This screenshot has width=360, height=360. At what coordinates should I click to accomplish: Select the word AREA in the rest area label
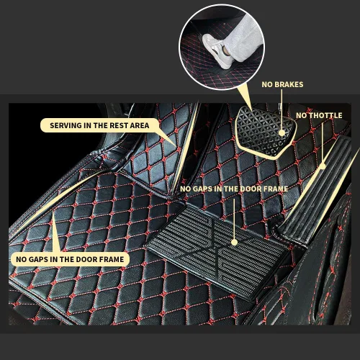tap(140, 125)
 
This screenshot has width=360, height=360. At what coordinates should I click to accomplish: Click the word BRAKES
tap(289, 84)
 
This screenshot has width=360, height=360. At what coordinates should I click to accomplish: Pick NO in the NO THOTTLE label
tap(302, 115)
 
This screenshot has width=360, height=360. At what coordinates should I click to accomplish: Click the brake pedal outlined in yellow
tap(265, 131)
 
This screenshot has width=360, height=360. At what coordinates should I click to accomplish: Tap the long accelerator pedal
tap(317, 189)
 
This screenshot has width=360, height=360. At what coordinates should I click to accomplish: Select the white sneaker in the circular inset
tap(216, 50)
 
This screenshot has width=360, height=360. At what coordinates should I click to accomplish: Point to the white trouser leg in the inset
tap(243, 40)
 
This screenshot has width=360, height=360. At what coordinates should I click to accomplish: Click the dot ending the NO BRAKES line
tap(282, 132)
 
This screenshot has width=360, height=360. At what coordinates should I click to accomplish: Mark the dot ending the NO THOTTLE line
tap(323, 166)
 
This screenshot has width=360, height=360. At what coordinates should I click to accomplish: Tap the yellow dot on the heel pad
tap(235, 243)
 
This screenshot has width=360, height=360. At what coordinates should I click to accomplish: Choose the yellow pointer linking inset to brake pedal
tap(245, 99)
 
